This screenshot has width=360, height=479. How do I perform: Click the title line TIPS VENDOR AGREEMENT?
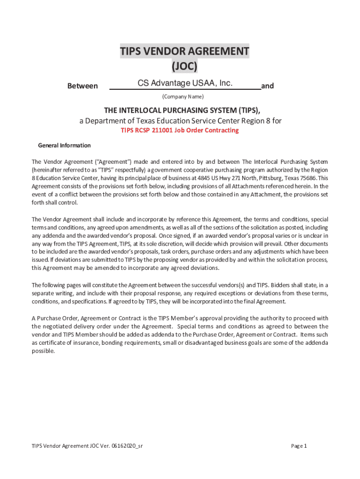point(184,51)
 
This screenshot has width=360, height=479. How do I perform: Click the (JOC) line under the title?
point(184,67)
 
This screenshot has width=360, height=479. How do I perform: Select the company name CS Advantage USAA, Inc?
point(185,83)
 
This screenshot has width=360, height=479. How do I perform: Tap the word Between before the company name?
point(83,86)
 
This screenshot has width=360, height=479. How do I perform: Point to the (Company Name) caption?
point(183,97)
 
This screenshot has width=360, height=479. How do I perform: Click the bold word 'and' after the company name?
point(267,86)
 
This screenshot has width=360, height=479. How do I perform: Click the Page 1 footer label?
point(299,446)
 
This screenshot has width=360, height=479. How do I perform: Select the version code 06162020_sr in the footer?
point(126,446)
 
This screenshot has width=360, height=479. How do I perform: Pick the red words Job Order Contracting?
point(206,131)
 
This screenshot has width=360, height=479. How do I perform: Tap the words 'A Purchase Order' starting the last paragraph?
point(54,318)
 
